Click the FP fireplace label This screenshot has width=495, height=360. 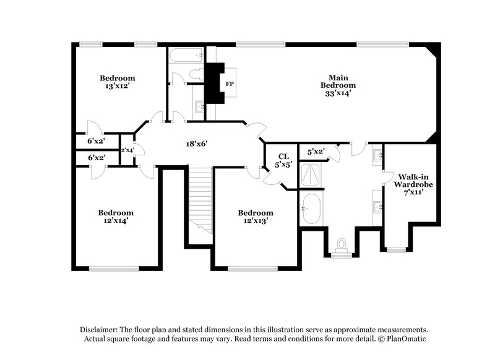tap(229, 84)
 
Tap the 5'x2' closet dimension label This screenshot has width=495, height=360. tap(316, 150)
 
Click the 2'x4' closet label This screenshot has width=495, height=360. tap(128, 150)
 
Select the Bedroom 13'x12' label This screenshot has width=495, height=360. tap(118, 82)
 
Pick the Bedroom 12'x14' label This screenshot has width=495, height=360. tap(116, 216)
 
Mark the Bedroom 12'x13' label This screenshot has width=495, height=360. tap(256, 216)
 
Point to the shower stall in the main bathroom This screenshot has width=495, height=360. tap(311, 175)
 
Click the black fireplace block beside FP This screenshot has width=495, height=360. tap(214, 83)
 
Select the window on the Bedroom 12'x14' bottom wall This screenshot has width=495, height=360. tap(114, 268)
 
